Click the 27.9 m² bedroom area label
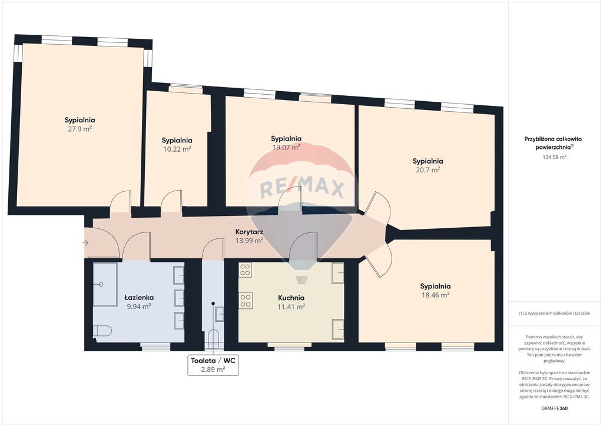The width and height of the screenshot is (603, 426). (79, 129)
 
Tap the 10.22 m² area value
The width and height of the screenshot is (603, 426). (177, 149)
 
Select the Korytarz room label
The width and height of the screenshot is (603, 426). (249, 232)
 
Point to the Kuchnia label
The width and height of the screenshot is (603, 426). (291, 298)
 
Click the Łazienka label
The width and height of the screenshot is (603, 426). (139, 297)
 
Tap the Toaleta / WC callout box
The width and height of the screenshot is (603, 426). (213, 365)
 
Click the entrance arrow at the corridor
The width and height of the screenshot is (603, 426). (85, 243)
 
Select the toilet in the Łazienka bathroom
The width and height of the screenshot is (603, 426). (102, 331)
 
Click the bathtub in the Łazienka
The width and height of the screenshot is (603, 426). (105, 285)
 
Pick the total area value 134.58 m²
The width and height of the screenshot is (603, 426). (554, 157)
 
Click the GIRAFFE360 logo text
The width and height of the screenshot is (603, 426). (554, 408)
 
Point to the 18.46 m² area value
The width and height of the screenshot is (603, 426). (435, 295)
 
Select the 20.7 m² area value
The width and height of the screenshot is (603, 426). (428, 170)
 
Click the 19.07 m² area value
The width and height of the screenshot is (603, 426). (286, 147)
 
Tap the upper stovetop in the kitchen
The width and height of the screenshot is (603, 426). (245, 270)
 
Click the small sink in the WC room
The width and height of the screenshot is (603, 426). (220, 314)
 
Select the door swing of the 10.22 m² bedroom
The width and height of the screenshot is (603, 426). (171, 200)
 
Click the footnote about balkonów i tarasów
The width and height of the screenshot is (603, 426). (554, 314)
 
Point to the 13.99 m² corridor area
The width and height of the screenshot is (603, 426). (249, 241)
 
